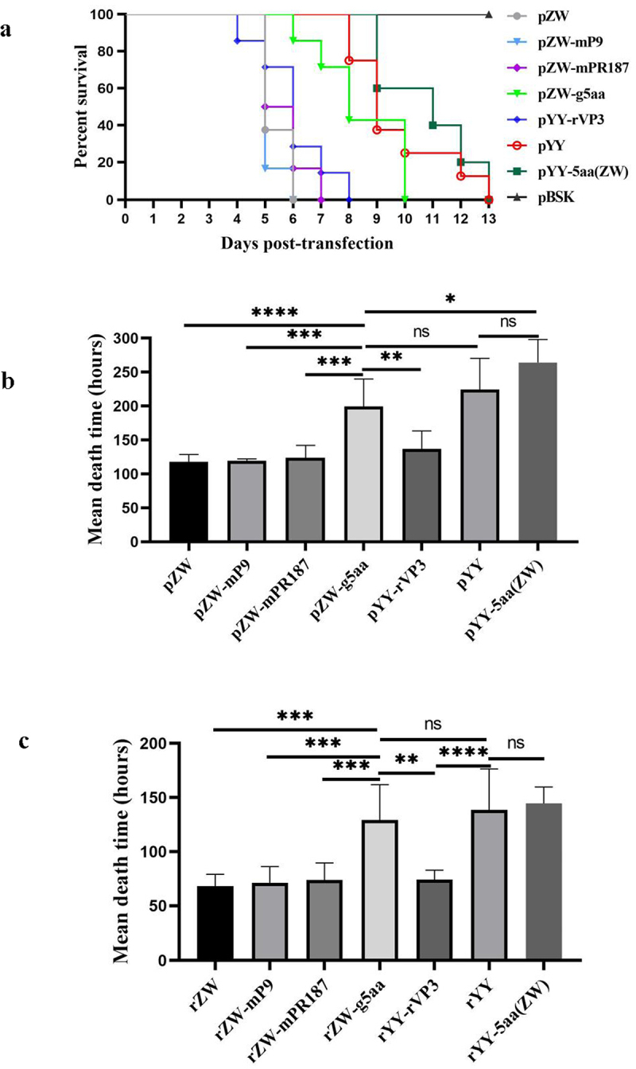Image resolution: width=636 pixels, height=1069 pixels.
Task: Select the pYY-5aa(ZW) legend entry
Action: tap(568, 171)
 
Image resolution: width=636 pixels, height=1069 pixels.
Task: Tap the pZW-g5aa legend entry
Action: tap(556, 94)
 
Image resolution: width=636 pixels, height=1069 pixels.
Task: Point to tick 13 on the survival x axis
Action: tap(489, 219)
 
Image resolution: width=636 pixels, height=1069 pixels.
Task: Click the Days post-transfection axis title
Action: tap(307, 243)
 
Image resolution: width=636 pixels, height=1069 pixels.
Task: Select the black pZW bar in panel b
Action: tap(188, 502)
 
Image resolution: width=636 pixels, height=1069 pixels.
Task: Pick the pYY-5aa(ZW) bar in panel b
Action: tap(537, 452)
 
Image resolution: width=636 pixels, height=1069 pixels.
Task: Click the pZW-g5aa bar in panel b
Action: tap(363, 474)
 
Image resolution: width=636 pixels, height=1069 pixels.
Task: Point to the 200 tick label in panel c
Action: tap(153, 744)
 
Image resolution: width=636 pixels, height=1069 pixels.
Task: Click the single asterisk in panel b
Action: tap(451, 300)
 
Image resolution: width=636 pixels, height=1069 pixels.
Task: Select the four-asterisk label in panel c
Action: tap(463, 753)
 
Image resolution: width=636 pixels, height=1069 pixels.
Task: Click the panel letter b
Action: tap(8, 382)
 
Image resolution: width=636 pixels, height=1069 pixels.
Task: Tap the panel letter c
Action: tap(24, 742)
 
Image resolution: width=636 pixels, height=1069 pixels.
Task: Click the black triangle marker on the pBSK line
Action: tap(489, 15)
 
